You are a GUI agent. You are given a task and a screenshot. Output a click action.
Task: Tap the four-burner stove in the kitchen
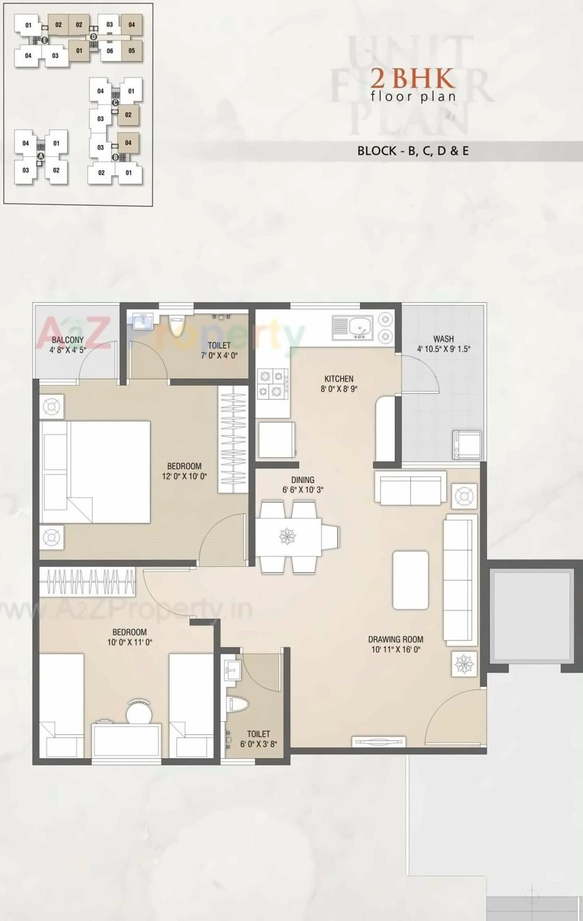click(x=273, y=383)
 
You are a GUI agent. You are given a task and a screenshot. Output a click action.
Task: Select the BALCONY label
click(x=68, y=340)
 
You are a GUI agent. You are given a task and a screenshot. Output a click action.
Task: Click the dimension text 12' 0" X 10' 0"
click(x=184, y=476)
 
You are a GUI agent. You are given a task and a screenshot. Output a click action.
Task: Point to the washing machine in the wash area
click(x=467, y=444)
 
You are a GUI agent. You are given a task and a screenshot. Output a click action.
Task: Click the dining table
click(x=288, y=537)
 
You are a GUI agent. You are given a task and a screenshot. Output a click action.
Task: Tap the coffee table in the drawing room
click(x=410, y=580)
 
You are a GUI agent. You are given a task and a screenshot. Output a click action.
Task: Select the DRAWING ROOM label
click(x=396, y=639)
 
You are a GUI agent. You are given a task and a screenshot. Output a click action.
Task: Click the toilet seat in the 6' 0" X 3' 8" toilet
click(x=238, y=704)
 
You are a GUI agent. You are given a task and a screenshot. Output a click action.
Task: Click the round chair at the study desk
click(x=139, y=712)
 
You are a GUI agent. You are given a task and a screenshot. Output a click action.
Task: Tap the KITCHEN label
click(x=339, y=379)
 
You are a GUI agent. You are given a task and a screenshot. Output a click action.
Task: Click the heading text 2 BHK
click(x=413, y=78)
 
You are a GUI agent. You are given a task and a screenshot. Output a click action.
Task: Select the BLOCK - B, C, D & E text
click(x=413, y=151)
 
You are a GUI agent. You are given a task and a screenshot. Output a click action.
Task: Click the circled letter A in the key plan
click(x=40, y=156)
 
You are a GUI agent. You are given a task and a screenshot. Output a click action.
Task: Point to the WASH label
click(x=443, y=339)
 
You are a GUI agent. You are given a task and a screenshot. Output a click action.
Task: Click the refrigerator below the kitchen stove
click(x=276, y=439)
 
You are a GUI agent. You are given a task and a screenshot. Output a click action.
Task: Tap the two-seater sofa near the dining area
click(x=410, y=488)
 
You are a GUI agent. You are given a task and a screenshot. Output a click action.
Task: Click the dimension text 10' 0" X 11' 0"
click(x=129, y=642)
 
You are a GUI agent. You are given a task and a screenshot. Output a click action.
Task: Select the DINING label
click(x=302, y=479)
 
